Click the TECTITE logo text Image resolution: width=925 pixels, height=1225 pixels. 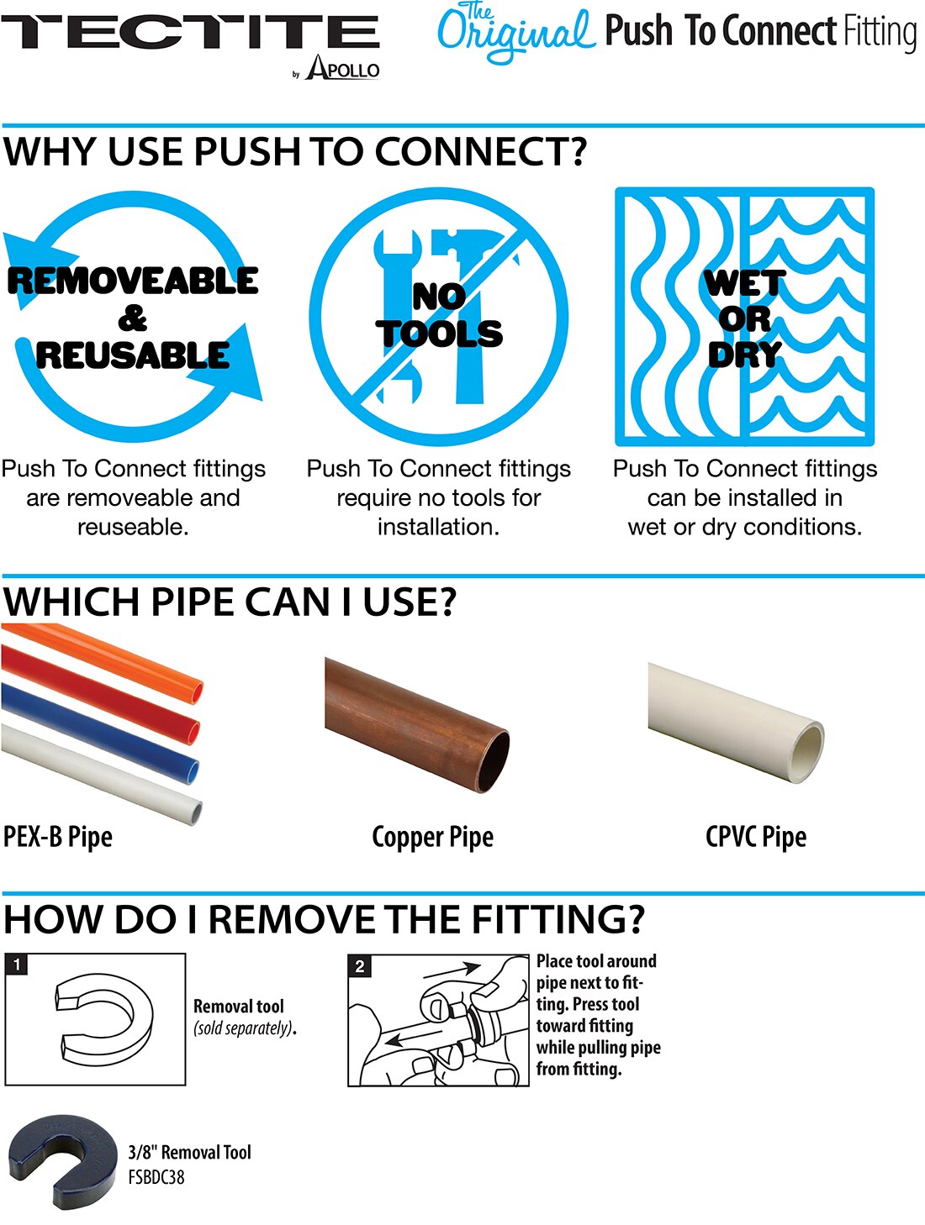(191, 32)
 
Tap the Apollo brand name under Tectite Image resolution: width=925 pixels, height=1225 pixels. (342, 67)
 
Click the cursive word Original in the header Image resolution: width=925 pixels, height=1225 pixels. (515, 34)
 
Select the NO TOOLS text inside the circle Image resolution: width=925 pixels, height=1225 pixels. (439, 315)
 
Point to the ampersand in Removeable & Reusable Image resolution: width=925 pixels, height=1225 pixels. (133, 318)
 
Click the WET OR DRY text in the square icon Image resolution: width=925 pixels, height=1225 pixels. (745, 318)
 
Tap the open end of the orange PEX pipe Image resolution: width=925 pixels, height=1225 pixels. (195, 691)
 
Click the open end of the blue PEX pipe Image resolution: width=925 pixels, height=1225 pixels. (193, 772)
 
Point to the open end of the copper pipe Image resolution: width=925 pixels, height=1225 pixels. (494, 761)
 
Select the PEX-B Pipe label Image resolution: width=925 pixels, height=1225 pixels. (58, 837)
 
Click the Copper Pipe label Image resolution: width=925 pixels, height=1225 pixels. (433, 837)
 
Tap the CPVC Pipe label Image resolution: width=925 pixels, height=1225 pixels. (756, 837)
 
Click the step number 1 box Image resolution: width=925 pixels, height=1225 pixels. (17, 965)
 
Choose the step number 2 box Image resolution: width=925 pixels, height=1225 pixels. (360, 966)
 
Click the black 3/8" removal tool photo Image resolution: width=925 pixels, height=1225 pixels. (62, 1161)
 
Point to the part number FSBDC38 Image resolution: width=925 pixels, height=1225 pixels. (156, 1177)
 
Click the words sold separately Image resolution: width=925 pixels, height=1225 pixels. (243, 1028)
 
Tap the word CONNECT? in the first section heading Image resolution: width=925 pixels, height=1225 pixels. (480, 151)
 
